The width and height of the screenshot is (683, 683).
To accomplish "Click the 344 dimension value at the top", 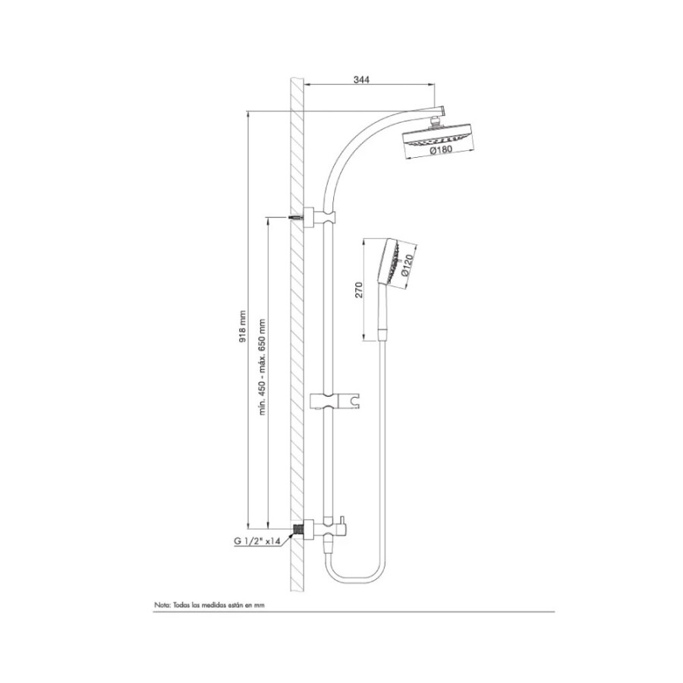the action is (x=361, y=80).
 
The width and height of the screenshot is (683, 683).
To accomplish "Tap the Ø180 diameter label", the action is (x=441, y=150).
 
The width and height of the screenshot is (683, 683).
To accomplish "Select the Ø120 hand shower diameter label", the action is (x=407, y=266).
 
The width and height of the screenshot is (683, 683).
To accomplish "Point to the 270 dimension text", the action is (x=359, y=290).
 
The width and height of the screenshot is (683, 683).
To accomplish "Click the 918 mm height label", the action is (x=243, y=326).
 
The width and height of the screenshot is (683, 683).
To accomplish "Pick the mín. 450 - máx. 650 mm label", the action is (x=263, y=367).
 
